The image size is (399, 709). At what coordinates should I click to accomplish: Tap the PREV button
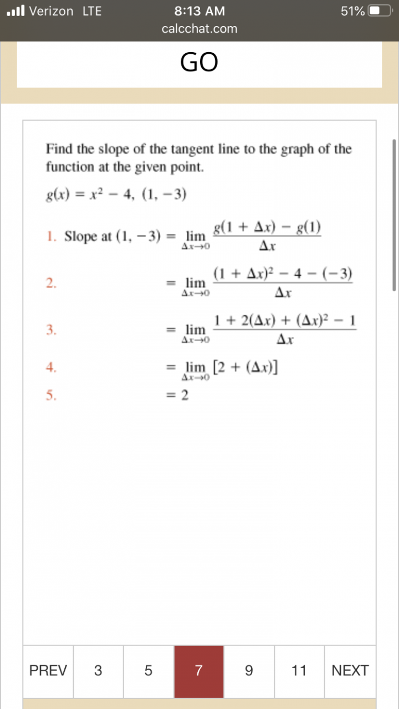48,671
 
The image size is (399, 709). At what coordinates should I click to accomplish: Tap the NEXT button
350,671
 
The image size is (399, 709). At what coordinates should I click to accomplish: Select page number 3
98,671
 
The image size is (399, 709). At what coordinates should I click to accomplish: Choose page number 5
148,671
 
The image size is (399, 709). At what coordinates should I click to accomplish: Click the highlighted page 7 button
199,671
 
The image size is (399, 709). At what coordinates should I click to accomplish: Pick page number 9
249,671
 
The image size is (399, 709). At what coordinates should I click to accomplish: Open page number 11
299,671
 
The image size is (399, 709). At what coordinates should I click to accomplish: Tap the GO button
199,62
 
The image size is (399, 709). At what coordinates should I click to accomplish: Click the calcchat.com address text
199,29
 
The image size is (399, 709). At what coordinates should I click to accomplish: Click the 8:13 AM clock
199,11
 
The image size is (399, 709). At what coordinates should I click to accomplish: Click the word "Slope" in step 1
80,237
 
